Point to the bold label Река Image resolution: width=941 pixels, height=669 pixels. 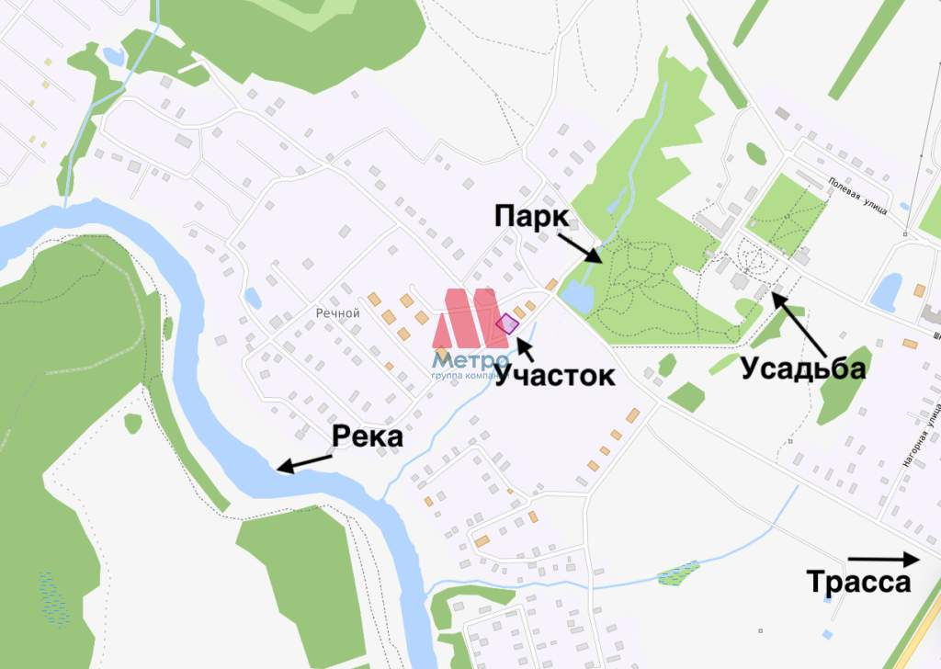tap(368, 437)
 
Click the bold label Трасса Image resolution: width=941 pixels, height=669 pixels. tap(858, 583)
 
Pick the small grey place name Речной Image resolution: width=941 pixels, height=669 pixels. tap(336, 312)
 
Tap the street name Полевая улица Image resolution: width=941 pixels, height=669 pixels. tap(855, 196)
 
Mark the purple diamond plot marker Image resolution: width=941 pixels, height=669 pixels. tap(506, 323)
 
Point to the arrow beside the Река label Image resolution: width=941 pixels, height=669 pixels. tap(305, 462)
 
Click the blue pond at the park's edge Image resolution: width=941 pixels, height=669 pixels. tap(576, 296)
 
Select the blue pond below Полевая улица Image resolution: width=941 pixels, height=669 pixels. tap(886, 291)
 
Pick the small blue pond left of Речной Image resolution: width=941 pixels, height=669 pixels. tap(252, 298)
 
